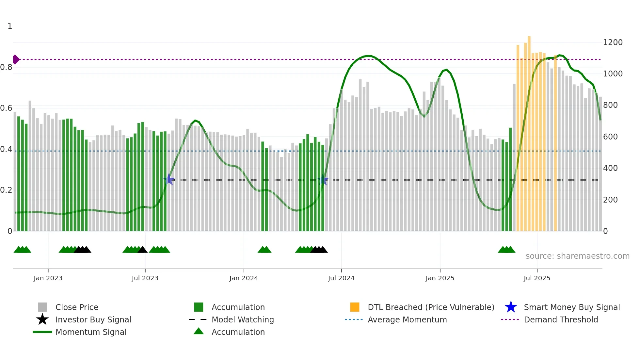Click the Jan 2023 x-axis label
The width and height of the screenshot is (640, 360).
pos(48,278)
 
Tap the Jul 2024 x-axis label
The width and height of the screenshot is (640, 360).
pos(341,278)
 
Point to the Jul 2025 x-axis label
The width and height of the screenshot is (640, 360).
pos(537,278)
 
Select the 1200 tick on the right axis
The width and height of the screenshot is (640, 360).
pos(613,42)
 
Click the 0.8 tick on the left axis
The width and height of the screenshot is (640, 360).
pos(6,67)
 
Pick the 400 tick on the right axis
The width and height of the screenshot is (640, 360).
pos(610,168)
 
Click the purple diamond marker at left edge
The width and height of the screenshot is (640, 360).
pos(16,59)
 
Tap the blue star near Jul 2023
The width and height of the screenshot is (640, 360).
pos(169,179)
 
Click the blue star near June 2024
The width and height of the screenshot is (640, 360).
pos(323,180)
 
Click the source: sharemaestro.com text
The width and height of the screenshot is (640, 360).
pos(577,256)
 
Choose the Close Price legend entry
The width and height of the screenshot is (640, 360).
pos(77,307)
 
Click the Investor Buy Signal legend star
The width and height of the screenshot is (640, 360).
pos(42,319)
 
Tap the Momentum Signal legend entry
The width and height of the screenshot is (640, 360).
pos(91,332)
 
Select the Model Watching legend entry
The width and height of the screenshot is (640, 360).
pos(243,319)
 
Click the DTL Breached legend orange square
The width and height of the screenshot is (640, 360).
pos(355,307)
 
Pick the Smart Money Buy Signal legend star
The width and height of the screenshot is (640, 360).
pos(511,307)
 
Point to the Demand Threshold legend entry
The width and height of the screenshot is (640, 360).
pos(561,319)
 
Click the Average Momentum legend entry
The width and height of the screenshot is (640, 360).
pos(407,319)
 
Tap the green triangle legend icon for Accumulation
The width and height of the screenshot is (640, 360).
pos(199,332)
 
